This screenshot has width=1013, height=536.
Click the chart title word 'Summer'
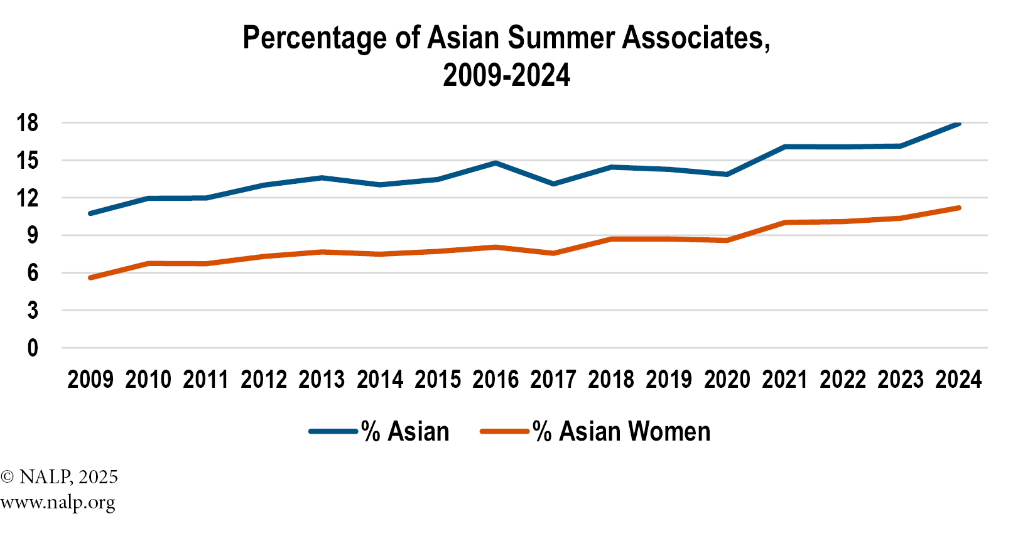[561, 38]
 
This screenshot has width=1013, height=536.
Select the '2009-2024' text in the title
[506, 75]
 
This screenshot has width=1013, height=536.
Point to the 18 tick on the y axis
[28, 123]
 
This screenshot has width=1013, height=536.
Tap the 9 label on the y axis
[32, 235]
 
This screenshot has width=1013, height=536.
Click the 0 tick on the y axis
[32, 348]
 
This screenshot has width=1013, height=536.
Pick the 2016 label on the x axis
[496, 380]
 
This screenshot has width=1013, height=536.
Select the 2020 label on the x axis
[727, 380]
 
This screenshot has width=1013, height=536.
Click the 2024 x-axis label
[958, 380]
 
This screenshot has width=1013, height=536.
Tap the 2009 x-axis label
[90, 380]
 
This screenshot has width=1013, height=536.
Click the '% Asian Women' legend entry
[621, 432]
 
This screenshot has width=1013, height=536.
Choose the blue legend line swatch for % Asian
[333, 432]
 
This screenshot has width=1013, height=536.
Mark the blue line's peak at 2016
[496, 163]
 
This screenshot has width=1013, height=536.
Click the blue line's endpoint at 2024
[958, 124]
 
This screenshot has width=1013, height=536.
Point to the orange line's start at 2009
[90, 277]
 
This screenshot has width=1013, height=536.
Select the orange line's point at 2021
[785, 222]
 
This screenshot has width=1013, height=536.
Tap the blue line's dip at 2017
[553, 184]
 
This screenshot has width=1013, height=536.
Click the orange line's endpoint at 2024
[958, 208]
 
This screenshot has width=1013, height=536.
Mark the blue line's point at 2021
[785, 147]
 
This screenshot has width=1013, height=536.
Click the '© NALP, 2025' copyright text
[60, 477]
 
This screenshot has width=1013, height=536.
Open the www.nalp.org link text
[58, 503]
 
